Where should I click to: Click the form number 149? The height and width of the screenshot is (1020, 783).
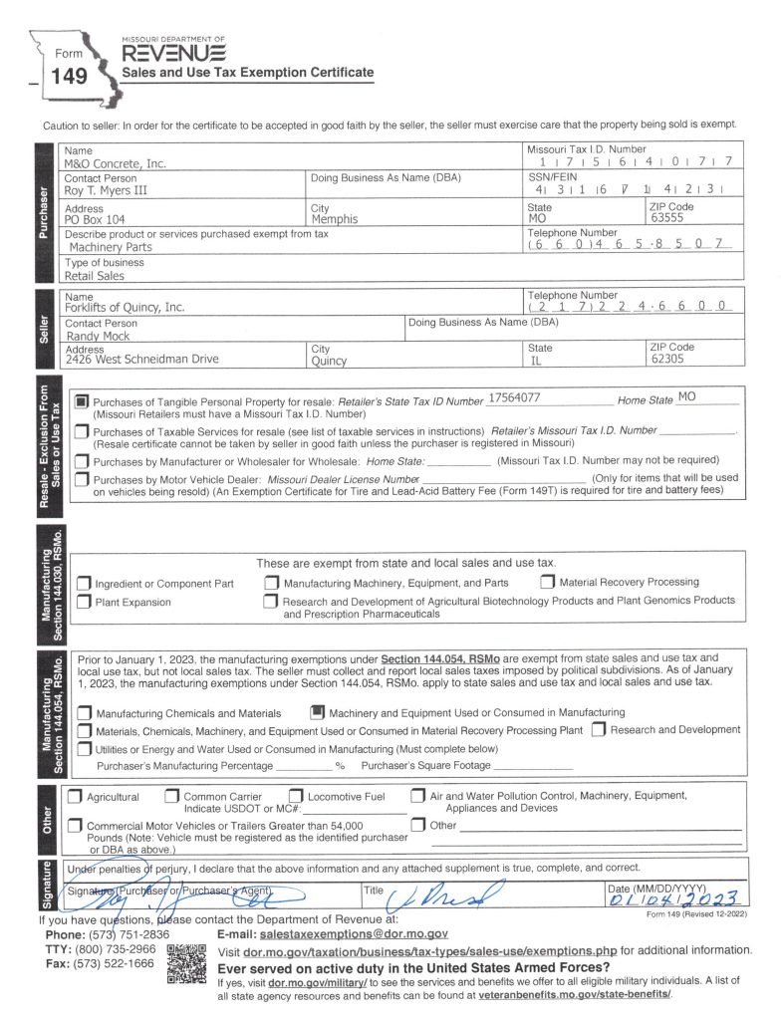pos(70,76)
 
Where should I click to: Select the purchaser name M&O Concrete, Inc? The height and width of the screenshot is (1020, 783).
pos(115,163)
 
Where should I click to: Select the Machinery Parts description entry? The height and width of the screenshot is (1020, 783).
pos(111,246)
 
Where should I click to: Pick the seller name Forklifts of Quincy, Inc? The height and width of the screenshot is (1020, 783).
pos(125,308)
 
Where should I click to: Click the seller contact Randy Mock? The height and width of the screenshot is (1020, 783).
pos(97,336)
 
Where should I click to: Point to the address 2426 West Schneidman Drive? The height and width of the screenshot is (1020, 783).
pos(141,360)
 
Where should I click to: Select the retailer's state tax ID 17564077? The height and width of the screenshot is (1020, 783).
pos(514,398)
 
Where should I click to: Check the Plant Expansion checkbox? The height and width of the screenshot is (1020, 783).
pos(84,602)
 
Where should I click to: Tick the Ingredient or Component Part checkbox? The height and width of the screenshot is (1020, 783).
pos(84,583)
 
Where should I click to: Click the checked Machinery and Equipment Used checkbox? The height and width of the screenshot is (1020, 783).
pos(316,712)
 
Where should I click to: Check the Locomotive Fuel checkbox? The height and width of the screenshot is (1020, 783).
pos(296,796)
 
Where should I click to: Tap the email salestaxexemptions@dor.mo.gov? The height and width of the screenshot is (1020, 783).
pos(353,935)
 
